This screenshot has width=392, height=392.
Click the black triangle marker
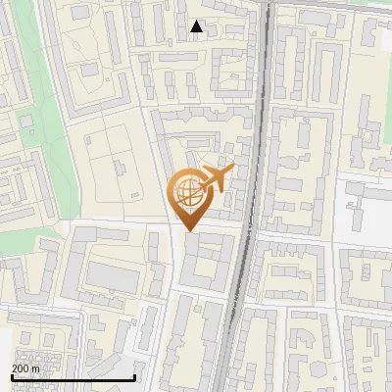[x=197, y=26]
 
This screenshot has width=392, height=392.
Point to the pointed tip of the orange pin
[x=189, y=230]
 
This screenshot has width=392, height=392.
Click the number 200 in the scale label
[x=20, y=368]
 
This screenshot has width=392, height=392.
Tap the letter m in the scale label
[x=35, y=368]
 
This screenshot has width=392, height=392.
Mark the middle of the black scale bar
[x=73, y=377]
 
